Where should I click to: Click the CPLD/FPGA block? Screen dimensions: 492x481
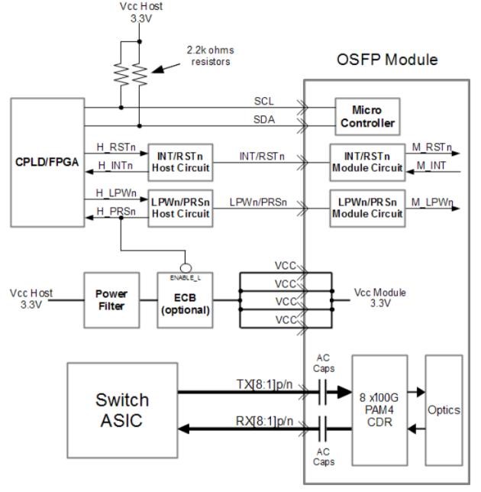[46, 162]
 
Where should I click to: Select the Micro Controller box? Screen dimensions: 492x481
[366, 116]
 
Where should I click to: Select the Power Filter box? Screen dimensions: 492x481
[111, 299]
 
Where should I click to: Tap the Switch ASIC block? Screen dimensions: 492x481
[122, 409]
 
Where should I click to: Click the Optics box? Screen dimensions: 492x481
[444, 409]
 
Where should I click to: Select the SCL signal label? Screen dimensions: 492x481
[264, 101]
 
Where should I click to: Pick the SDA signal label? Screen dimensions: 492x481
[264, 120]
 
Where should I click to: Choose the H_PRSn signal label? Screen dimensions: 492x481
[110, 212]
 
